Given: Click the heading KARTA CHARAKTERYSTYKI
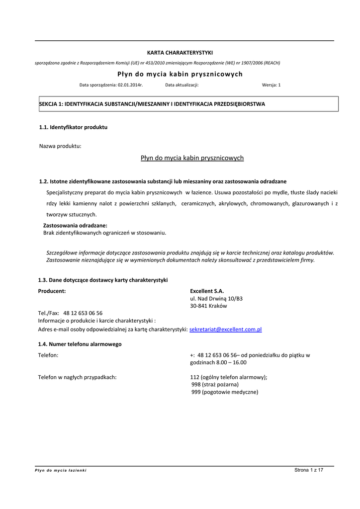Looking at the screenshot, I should (x=180, y=53).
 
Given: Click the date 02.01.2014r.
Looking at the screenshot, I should (x=130, y=85).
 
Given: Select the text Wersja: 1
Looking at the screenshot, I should (x=271, y=85).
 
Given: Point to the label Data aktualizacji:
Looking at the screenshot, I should (x=182, y=85).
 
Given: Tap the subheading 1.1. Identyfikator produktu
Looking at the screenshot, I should (x=73, y=127).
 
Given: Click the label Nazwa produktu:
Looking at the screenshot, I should (x=60, y=146).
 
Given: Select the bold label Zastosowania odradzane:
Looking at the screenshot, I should (x=75, y=226).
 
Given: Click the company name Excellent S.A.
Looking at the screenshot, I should (x=207, y=291).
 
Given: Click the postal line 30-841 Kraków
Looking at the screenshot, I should (x=208, y=306).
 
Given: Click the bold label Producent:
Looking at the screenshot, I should (x=52, y=291).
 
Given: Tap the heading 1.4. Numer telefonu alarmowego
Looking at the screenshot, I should (x=80, y=344).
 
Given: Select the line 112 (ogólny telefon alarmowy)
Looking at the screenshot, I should (x=229, y=377).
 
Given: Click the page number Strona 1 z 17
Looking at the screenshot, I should (x=309, y=470).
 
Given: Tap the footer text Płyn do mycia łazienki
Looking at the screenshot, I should (x=60, y=470).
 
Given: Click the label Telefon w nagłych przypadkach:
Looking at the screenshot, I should (x=78, y=377).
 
